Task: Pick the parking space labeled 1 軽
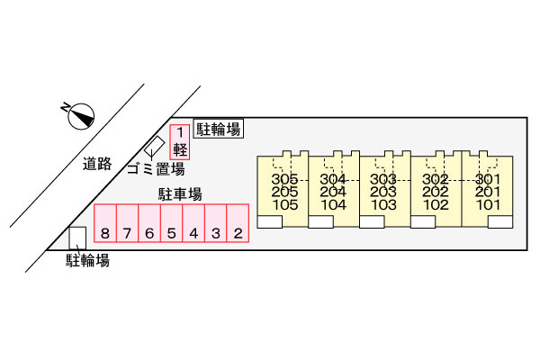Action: pos(180,142)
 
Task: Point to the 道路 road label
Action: pos(96,164)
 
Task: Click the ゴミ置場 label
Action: pos(156,168)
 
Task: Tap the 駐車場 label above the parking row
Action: pos(180,194)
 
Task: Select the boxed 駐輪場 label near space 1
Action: pos(218,130)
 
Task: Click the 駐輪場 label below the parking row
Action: pos(87,261)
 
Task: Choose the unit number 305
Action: pos(283,179)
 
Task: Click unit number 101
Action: pos(489,204)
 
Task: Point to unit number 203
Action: pos(385,192)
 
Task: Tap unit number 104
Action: pos(334,204)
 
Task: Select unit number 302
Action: pos(436,179)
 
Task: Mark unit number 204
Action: pos(334,192)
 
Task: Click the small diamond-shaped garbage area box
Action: pos(156,146)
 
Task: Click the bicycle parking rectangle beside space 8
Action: pos(78,237)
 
